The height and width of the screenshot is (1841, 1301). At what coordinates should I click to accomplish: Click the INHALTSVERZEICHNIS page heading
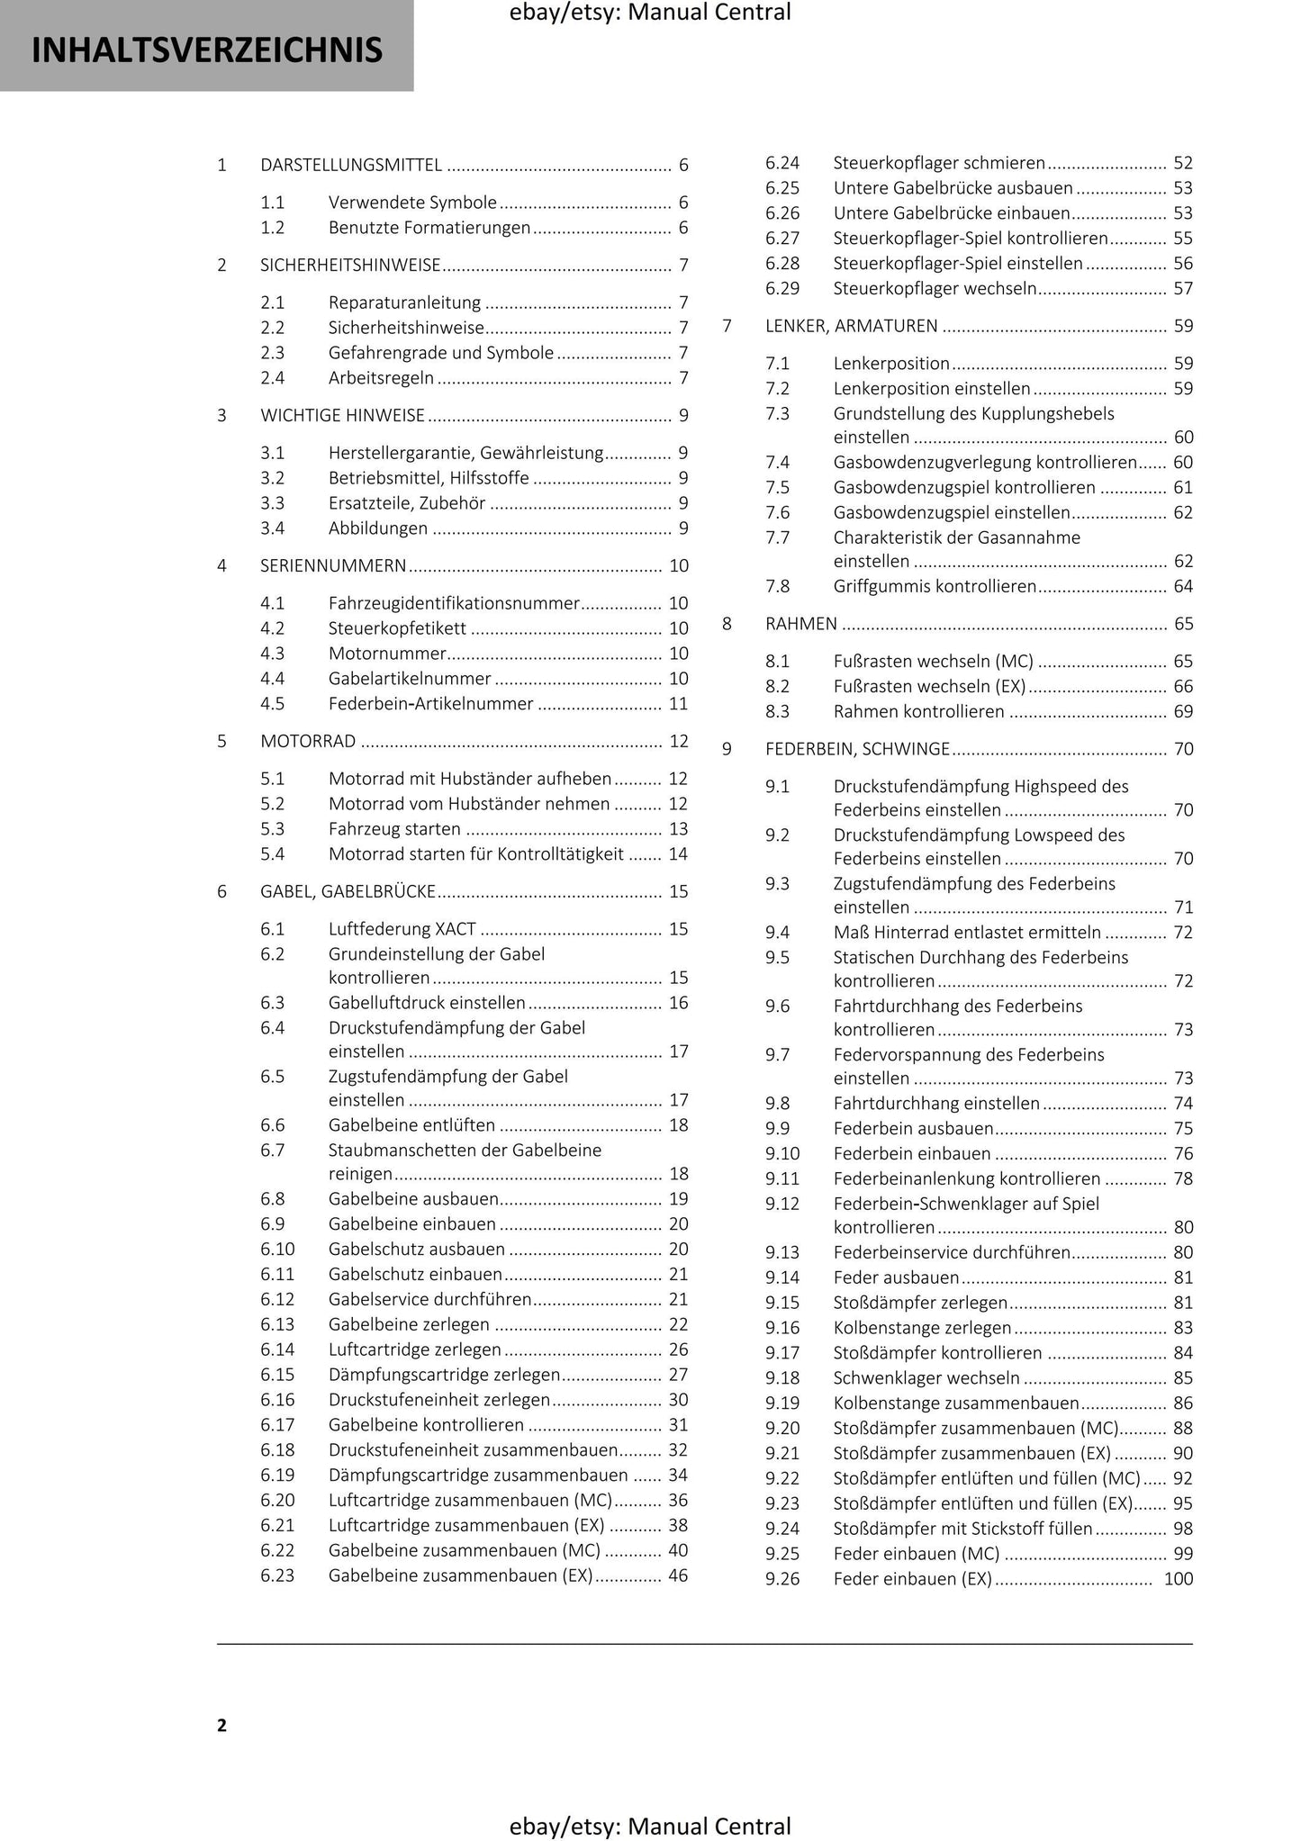click(207, 50)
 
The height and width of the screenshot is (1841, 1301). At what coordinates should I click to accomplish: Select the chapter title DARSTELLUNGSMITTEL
click(350, 165)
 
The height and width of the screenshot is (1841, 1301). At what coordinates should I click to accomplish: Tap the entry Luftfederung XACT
click(402, 928)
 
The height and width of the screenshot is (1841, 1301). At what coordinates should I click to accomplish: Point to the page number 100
click(1178, 1578)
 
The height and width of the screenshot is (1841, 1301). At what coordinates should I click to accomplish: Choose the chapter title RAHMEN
click(800, 623)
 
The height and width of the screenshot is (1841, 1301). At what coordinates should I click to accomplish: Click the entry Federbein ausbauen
click(913, 1128)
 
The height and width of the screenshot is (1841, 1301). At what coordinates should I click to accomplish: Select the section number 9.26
click(782, 1578)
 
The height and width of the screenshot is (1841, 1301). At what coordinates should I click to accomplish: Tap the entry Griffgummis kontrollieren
click(935, 586)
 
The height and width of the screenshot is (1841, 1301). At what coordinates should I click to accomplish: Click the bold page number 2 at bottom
click(221, 1725)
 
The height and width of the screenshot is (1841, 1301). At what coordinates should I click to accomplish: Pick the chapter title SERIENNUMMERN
click(333, 565)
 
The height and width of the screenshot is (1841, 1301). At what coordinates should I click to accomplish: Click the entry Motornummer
click(387, 653)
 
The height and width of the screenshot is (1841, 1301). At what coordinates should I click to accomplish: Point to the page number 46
click(678, 1575)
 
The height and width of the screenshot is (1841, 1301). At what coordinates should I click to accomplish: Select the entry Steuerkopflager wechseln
click(935, 288)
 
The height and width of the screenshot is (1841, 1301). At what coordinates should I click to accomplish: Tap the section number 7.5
click(777, 487)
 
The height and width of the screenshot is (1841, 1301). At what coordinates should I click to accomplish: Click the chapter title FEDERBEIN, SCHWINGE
click(856, 748)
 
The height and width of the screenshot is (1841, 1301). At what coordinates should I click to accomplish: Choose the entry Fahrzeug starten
click(394, 828)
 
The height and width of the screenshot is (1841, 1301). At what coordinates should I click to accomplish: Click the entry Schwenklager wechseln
click(926, 1377)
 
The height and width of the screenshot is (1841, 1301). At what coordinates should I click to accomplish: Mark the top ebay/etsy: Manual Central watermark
click(650, 13)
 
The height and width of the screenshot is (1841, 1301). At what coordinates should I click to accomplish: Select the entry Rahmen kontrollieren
click(918, 711)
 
